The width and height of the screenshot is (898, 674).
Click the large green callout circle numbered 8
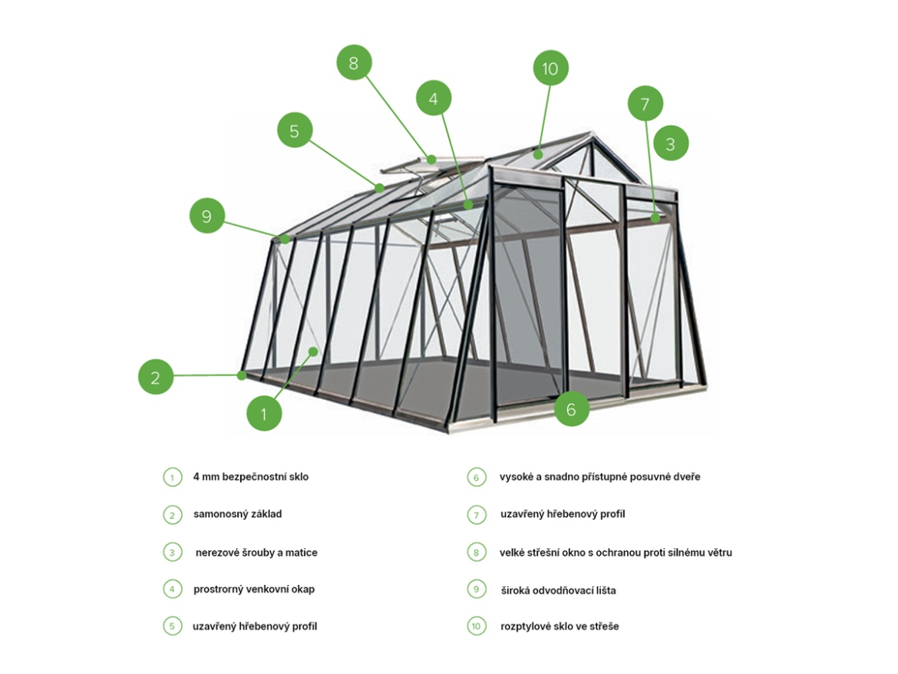[x=354, y=64]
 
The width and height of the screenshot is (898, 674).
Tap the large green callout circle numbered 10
[x=550, y=68]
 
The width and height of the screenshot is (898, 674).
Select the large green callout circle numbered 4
[x=434, y=99]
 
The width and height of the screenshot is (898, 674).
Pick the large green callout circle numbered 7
[x=645, y=104]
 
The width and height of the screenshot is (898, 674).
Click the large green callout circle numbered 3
[x=671, y=144]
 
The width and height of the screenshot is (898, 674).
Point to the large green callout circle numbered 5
[x=294, y=131]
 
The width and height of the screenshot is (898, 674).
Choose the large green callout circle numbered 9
[x=206, y=216]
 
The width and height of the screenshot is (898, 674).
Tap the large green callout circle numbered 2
[x=156, y=377]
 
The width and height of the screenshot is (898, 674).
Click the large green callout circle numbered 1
[x=264, y=414]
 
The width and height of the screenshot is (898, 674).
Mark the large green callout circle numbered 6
[x=571, y=409]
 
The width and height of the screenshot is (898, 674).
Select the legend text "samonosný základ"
[x=237, y=514]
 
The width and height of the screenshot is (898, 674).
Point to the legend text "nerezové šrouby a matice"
[x=256, y=553]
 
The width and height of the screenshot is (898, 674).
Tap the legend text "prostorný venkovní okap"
[x=254, y=590]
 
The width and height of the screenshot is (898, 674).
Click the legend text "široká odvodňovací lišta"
[x=558, y=590]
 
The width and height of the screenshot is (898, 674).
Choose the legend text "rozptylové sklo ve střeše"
[x=560, y=626]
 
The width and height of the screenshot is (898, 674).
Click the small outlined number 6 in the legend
[x=477, y=477]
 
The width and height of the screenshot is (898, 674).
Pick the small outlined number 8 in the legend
[x=477, y=552]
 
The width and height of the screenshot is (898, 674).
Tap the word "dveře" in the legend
[x=686, y=477]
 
